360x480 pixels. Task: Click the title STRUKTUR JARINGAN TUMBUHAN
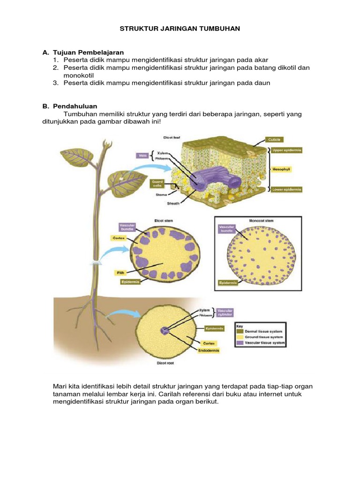click(180, 29)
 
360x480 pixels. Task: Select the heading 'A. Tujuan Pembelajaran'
click(86, 52)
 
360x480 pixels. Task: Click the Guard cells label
click(156, 184)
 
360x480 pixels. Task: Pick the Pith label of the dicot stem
click(120, 271)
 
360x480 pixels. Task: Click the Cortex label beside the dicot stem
click(117, 238)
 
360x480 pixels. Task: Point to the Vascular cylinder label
click(224, 313)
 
